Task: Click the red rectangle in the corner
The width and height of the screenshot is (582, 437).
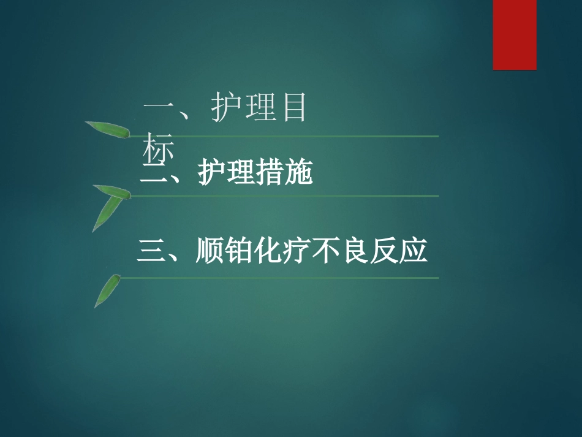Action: click(515, 34)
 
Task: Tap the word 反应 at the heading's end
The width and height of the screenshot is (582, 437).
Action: click(398, 252)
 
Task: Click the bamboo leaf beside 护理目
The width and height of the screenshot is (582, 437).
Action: click(108, 129)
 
